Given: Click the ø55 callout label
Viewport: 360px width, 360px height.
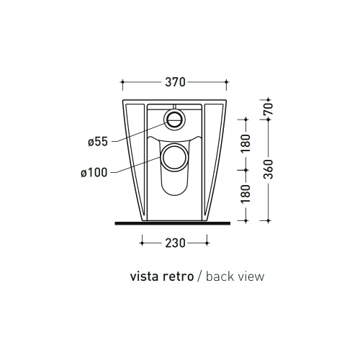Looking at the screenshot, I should (97, 142).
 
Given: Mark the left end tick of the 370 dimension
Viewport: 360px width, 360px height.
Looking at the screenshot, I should (124, 83).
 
